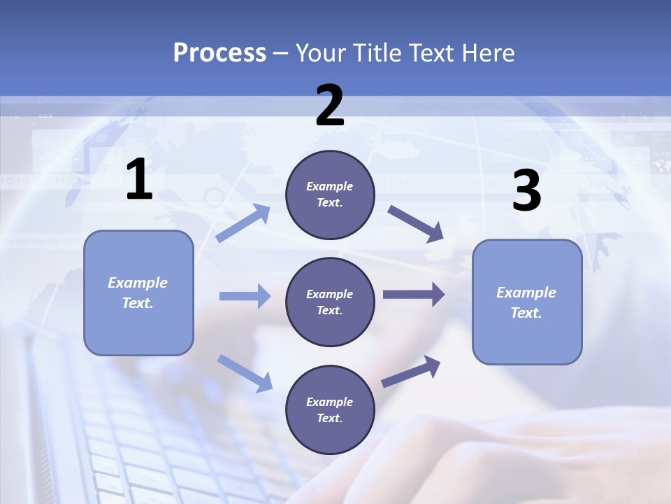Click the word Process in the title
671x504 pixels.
pos(219,53)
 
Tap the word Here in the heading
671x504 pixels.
pos(486,53)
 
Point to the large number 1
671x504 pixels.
pos(139,180)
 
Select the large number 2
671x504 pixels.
pos(330,106)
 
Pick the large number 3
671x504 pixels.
pos(526,191)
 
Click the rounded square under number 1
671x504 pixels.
pos(138,293)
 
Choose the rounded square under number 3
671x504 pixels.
pos(527,302)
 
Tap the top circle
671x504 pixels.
pos(330,195)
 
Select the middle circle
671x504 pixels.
pos(330,302)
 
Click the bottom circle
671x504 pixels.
pos(330,409)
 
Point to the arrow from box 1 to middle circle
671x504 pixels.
pos(245,296)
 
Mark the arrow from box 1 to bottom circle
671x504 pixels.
pos(245,372)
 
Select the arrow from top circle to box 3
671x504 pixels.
pos(415,223)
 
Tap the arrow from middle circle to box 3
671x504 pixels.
pos(414,294)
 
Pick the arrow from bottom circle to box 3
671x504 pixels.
pos(411,372)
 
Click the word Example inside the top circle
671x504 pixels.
pos(330,186)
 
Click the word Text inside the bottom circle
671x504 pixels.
pos(330,418)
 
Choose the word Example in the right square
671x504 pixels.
pos(526,293)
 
